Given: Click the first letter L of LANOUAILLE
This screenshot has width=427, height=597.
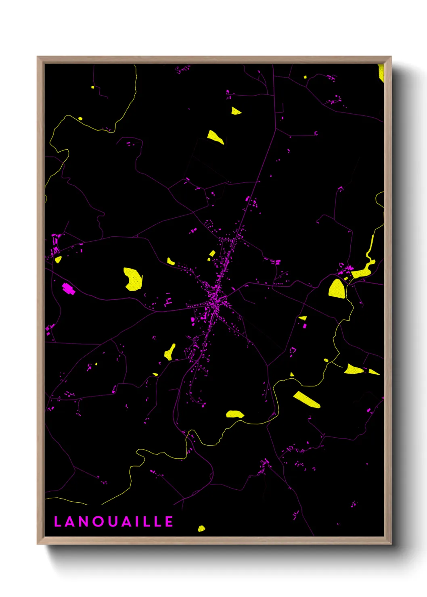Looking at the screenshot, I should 57,522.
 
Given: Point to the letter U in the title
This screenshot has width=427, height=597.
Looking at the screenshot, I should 113,522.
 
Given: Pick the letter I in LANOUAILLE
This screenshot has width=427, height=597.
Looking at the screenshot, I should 140,522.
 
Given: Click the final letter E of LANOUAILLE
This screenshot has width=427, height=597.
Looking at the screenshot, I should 170,522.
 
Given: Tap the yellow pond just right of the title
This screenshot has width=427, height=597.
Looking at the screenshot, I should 201,528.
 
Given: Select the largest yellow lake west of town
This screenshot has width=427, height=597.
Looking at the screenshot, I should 133,279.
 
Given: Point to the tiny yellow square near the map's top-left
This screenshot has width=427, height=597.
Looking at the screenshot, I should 92,87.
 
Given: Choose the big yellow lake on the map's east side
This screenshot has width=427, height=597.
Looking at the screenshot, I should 337,288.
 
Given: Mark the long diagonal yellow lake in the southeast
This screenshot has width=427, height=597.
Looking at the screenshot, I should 307,399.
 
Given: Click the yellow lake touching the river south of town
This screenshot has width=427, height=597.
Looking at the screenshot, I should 234,414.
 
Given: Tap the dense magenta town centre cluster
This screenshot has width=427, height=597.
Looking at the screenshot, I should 216,297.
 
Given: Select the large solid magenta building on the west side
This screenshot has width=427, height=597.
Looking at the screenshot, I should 68,288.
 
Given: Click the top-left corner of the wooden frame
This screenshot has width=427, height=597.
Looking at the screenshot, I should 38,57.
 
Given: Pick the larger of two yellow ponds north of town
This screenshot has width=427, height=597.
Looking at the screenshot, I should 215,137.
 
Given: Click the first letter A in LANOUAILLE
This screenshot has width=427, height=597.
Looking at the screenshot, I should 70,522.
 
